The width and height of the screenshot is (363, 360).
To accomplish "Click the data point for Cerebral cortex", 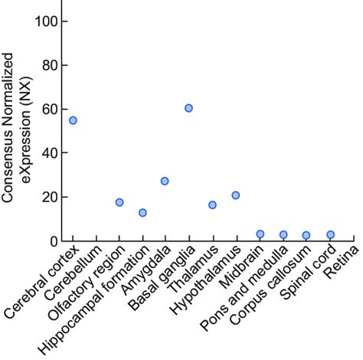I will [x=73, y=120].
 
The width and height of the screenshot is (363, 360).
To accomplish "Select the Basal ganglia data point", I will [x=188, y=108].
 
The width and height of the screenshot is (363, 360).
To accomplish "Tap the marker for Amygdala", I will [x=165, y=181].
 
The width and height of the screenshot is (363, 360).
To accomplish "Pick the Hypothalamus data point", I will [x=236, y=195].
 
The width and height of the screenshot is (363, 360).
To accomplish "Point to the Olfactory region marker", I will [x=119, y=202].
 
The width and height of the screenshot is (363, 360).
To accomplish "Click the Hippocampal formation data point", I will [x=142, y=212].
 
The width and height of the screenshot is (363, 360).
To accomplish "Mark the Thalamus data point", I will [x=212, y=205].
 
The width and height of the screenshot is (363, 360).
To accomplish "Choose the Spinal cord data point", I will [x=330, y=234].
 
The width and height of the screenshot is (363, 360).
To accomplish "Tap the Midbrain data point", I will [x=260, y=234].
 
